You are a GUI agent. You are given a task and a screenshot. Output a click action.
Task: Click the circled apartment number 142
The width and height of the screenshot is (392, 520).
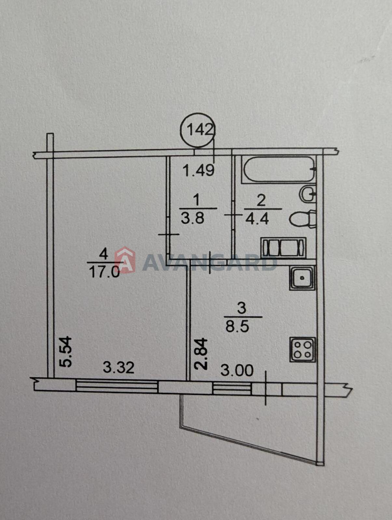[x=199, y=130]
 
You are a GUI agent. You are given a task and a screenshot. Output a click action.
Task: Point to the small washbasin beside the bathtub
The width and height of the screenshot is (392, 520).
[x=308, y=194]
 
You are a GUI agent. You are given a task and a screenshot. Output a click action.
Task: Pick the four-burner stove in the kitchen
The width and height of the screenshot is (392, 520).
[x=302, y=350]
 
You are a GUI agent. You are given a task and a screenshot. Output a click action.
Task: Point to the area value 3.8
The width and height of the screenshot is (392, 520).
[x=193, y=218]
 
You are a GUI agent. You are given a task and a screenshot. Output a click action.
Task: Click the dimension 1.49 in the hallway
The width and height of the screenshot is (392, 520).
[x=199, y=170]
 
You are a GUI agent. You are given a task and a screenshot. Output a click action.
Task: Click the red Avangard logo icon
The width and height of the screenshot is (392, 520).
[x=125, y=260]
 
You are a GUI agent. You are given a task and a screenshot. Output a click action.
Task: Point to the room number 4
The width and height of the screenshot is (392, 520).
[x=104, y=255]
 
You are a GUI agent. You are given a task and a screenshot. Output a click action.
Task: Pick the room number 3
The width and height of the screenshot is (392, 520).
[x=242, y=309]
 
